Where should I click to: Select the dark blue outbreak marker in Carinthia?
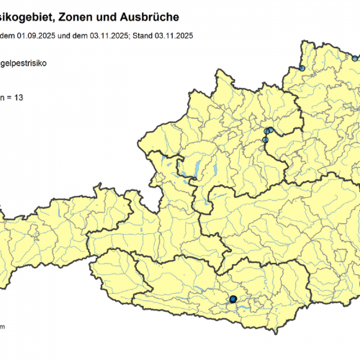233,298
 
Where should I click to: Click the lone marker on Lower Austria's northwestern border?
302,68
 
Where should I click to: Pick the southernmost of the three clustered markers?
265,140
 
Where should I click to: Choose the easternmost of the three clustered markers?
271,130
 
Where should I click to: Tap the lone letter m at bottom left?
3,327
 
